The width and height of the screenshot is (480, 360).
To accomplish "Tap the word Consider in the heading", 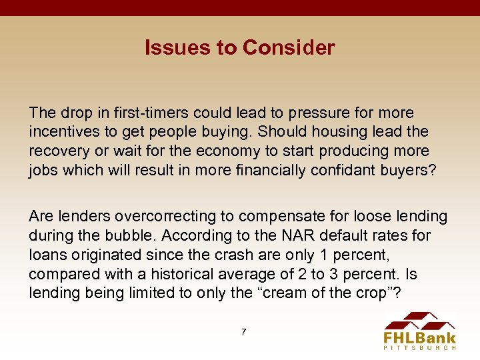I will click(x=289, y=48).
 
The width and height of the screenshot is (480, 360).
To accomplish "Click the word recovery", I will click(x=56, y=151).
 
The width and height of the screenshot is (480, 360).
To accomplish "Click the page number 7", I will click(x=243, y=331).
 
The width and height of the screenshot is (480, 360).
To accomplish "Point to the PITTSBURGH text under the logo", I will click(x=421, y=347).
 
